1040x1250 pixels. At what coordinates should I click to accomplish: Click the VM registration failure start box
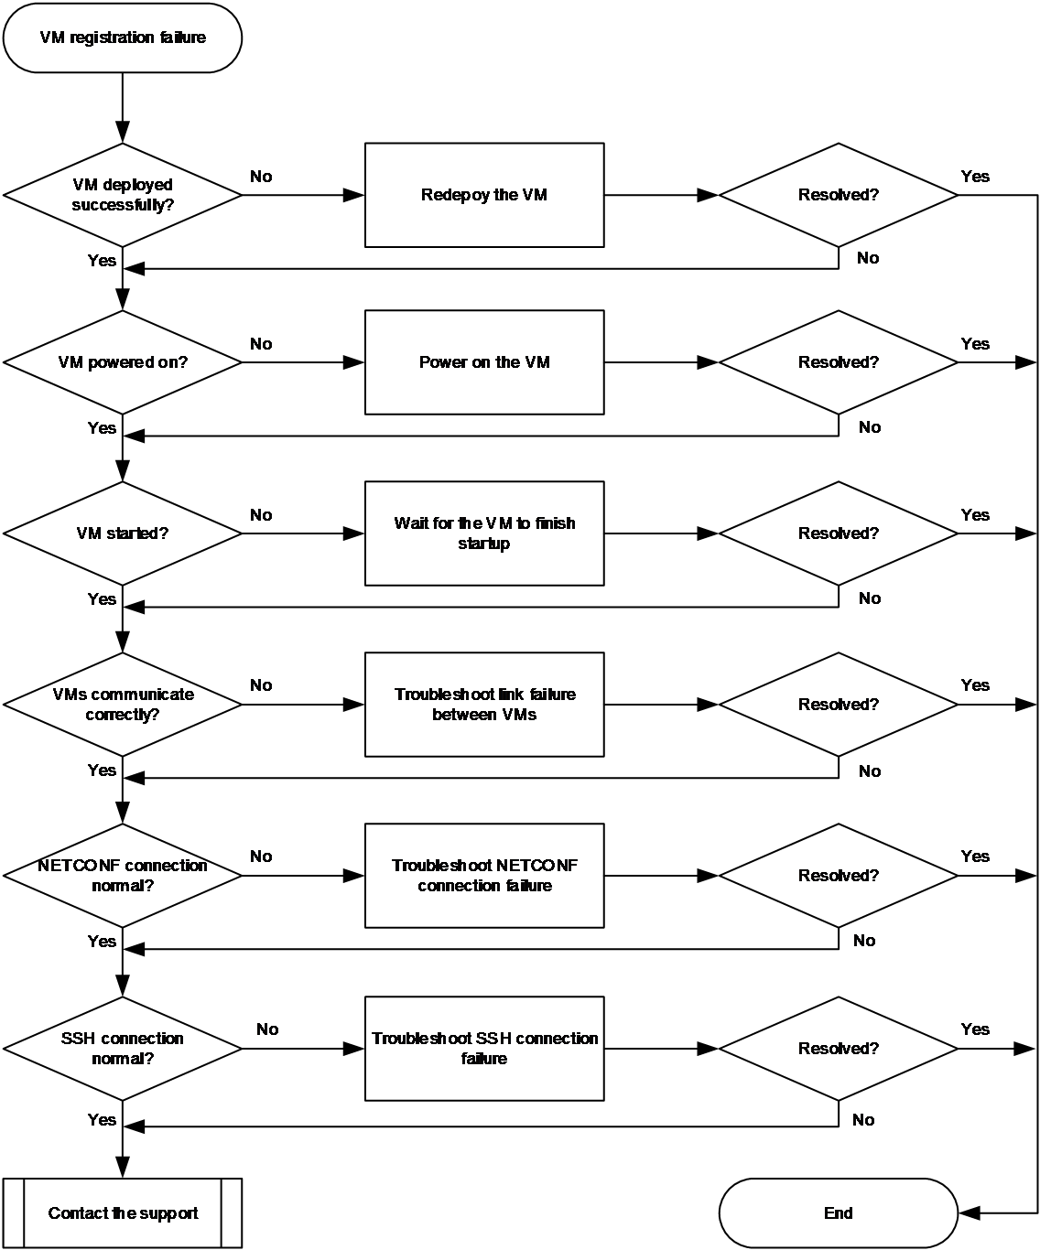tap(122, 38)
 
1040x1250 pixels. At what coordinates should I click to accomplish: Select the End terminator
tap(838, 1212)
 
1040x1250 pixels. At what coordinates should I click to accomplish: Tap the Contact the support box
tap(122, 1212)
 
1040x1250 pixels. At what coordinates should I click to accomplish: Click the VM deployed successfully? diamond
tap(122, 195)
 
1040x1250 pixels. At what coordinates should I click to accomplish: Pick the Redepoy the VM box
tap(484, 195)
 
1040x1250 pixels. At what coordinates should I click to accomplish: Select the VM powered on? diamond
tap(122, 362)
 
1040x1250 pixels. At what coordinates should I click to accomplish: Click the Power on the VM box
tap(484, 362)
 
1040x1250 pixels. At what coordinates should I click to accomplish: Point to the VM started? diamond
tap(122, 533)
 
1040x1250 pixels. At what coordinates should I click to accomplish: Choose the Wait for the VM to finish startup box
tap(484, 533)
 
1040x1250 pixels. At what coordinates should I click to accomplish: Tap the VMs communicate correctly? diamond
tap(122, 705)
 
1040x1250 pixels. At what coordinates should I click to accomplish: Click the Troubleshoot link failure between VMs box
tap(484, 705)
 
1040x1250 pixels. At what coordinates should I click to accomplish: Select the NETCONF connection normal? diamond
tap(122, 876)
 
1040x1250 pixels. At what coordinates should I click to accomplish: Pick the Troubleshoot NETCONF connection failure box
tap(484, 876)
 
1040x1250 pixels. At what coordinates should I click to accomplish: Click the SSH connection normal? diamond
tap(122, 1049)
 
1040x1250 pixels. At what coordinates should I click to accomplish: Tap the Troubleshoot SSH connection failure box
tap(484, 1049)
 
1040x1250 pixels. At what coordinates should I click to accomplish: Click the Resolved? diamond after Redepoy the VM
tap(838, 195)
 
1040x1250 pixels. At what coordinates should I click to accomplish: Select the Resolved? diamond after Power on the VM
tap(838, 362)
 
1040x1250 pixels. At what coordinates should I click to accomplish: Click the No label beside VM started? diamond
tap(261, 515)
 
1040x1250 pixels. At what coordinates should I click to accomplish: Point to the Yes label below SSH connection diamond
tap(102, 1119)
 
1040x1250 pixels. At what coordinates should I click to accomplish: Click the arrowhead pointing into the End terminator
tap(970, 1212)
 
